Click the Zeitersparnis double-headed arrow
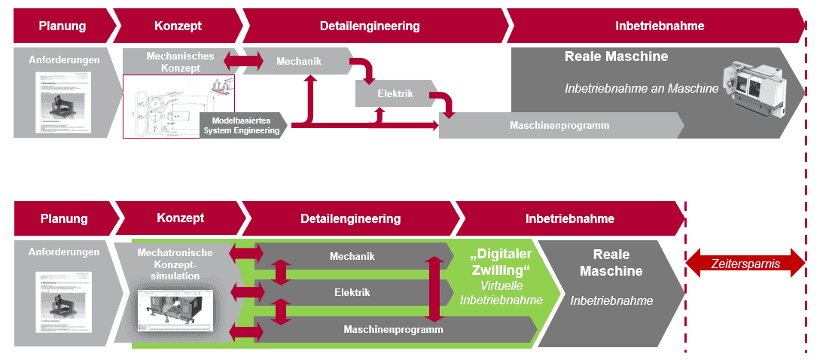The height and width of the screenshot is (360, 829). (x=745, y=263)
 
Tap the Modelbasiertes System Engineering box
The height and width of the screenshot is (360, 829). (x=242, y=125)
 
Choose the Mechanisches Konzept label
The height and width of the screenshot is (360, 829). (x=180, y=62)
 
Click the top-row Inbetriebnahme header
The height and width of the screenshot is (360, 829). (x=659, y=26)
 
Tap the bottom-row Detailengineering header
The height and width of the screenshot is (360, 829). (x=350, y=219)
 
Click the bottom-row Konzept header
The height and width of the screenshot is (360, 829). (x=180, y=218)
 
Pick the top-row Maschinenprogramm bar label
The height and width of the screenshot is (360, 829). (x=559, y=125)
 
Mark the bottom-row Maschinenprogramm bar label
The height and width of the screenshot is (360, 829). (x=393, y=329)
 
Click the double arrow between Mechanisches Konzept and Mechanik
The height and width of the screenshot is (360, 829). (x=242, y=59)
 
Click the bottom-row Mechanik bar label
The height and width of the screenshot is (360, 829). (x=352, y=257)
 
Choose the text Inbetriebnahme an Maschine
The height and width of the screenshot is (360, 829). (x=642, y=89)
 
